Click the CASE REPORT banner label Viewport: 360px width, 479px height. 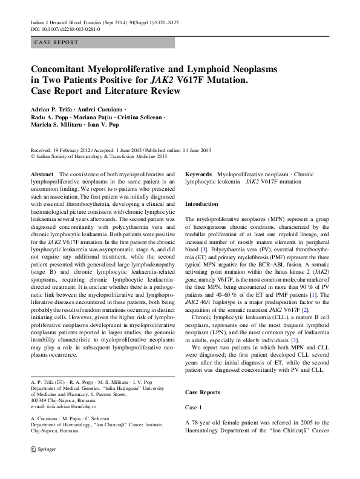coord(56,42)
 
